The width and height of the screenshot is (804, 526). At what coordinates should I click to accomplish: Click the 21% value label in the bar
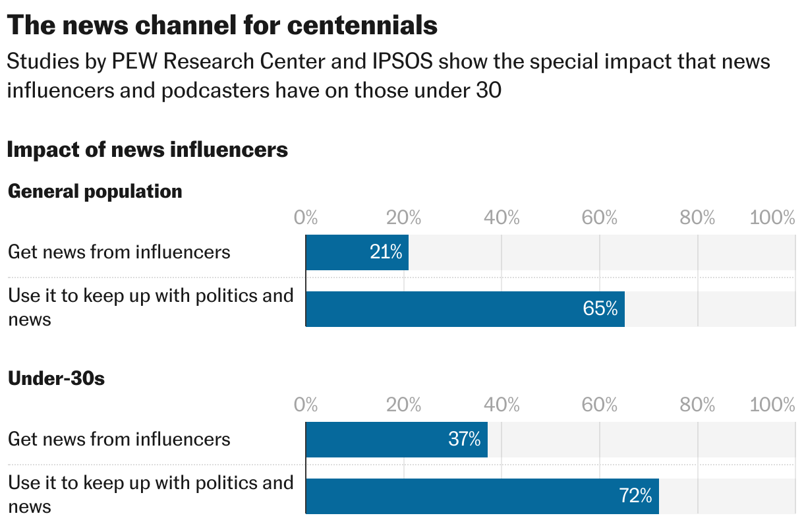[386, 252]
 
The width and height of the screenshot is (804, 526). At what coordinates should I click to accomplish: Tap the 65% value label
[600, 308]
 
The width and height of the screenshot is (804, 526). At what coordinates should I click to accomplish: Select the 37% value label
[464, 439]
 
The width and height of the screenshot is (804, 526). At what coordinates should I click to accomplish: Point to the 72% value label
[635, 496]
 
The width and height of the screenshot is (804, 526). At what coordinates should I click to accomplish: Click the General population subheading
[95, 192]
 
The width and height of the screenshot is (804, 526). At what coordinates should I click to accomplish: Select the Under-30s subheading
[56, 379]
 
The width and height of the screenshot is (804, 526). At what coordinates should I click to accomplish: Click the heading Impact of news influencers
[147, 150]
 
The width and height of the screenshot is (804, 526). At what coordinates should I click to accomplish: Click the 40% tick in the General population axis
[502, 218]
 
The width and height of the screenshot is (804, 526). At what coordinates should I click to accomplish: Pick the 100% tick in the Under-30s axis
[772, 405]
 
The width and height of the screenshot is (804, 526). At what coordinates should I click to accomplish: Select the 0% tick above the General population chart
[306, 218]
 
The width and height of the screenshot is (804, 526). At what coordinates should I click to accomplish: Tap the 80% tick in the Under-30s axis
[697, 405]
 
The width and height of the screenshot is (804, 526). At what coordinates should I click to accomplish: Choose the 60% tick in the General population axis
[599, 218]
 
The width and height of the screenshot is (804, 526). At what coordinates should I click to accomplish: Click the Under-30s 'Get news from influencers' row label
[119, 440]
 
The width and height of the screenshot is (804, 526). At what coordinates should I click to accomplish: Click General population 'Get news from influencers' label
[119, 252]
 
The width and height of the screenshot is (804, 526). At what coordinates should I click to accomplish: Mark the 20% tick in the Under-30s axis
[403, 405]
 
